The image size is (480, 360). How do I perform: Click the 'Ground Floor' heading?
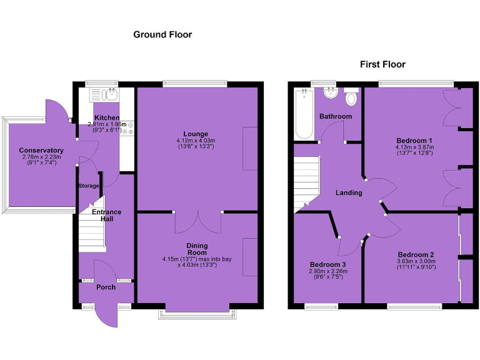pos(162,35)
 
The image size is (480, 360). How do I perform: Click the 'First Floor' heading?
pos(382,64)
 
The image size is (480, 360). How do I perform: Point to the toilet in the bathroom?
pos(351,97)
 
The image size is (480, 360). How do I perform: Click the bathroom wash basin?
pos(329,94)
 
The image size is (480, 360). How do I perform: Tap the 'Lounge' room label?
pos(196,134)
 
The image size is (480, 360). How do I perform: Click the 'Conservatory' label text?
pos(41,151)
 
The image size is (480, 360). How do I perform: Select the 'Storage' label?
pos(89,186)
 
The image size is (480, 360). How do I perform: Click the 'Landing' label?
pos(349,192)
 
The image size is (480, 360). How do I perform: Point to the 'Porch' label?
pos(106,287)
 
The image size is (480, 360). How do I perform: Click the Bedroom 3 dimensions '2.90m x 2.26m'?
pos(326,272)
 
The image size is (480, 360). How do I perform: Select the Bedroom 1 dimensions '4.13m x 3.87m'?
pos(415,147)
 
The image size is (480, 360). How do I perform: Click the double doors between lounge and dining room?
pos(197,222)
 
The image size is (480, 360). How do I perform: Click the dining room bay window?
pos(197,312)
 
